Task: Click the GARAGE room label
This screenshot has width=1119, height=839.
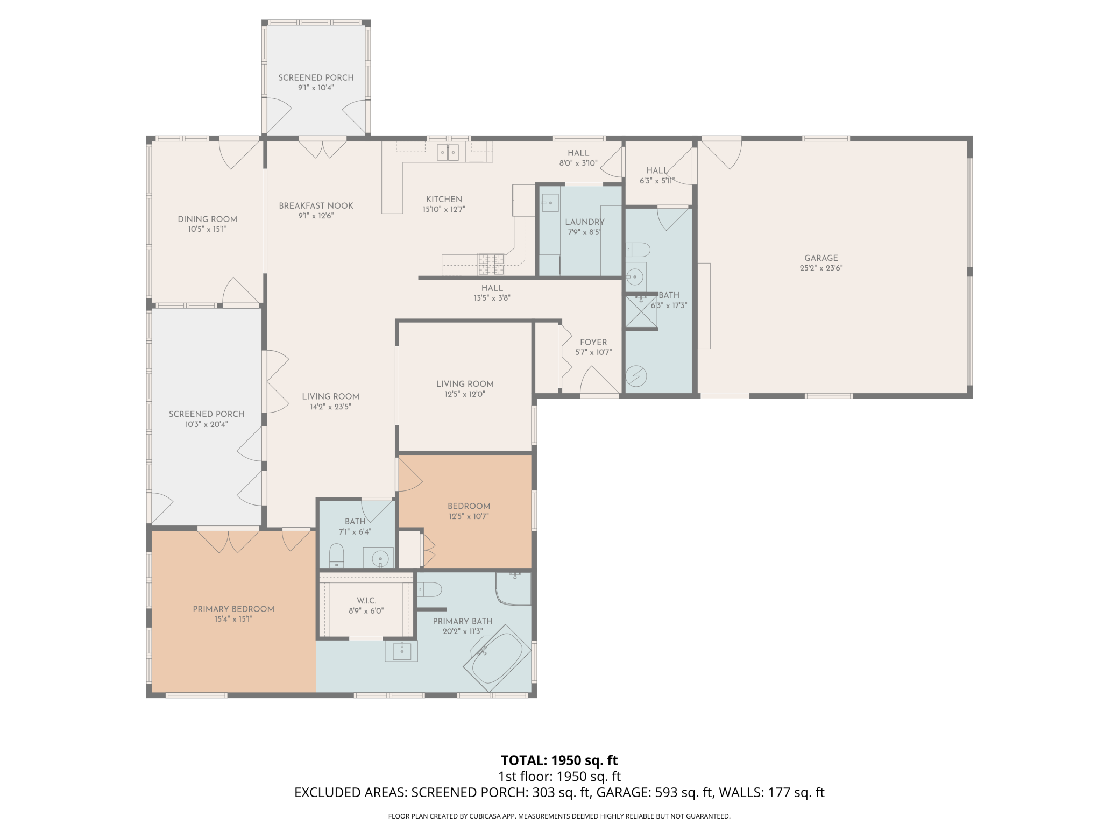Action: coord(821,258)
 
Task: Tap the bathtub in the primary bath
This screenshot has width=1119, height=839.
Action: coord(497,658)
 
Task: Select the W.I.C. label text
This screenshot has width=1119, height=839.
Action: coord(366,600)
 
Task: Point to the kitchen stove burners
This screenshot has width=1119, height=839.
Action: coord(491,264)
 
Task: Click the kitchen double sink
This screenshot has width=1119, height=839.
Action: coord(448,152)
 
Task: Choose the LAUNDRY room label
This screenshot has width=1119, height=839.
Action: coord(585,222)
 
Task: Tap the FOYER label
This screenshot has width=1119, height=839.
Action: coord(593,342)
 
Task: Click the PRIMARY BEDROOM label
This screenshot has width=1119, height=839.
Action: coord(233,609)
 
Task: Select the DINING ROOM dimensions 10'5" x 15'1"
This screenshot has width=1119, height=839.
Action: coord(207,229)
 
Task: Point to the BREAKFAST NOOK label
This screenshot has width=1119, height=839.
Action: coord(316,205)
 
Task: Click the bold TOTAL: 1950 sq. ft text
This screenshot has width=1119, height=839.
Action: coord(559,760)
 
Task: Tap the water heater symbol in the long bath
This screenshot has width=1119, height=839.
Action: coord(636,376)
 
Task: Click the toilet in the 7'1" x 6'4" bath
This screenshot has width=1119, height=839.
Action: coord(336,556)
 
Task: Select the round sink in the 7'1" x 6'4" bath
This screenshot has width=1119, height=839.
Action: coord(380,559)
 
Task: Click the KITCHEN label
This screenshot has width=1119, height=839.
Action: coord(444,199)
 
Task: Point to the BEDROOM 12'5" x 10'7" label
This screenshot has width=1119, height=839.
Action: coord(469,506)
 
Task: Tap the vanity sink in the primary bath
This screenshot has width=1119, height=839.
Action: coord(401,651)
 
